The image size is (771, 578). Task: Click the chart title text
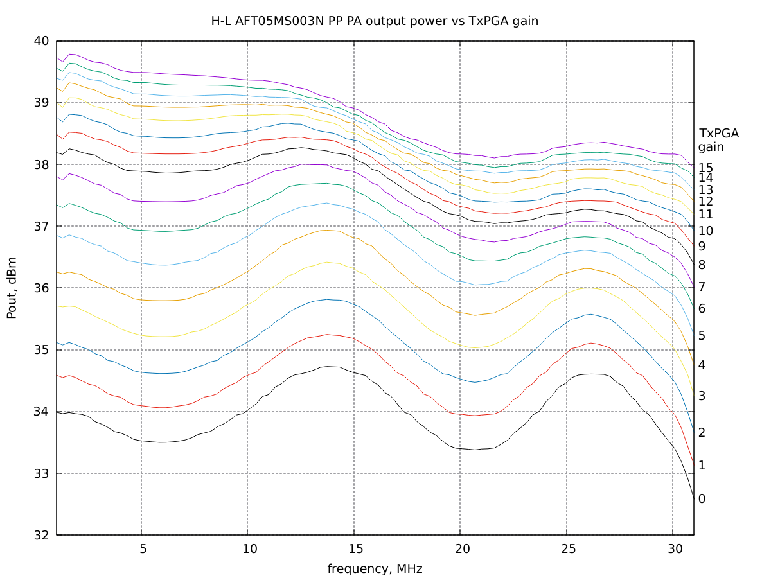[x=375, y=21]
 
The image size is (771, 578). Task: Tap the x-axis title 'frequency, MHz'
[x=375, y=568]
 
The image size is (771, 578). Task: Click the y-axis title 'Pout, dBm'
[x=12, y=288]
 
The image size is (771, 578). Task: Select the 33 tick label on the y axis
[x=40, y=474]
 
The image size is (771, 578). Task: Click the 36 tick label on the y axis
[x=40, y=288]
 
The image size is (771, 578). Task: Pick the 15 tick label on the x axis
[x=354, y=549]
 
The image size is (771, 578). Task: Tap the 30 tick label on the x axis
[x=673, y=549]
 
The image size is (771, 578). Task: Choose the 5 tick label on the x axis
[x=142, y=549]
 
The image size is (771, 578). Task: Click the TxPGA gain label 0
[x=702, y=499]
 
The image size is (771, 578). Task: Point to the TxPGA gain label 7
[x=702, y=286]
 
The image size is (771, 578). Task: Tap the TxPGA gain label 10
[x=705, y=231]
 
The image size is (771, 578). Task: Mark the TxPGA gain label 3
[x=702, y=396]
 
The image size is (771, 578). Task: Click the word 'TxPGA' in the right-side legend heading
[x=719, y=134]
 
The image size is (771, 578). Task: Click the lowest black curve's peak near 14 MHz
[x=328, y=366]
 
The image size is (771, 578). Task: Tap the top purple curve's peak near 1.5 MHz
[x=70, y=54]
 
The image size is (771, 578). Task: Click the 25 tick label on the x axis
[x=567, y=549]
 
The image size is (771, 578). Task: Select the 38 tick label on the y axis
[x=40, y=164]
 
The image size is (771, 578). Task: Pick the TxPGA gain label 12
[x=705, y=202]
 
